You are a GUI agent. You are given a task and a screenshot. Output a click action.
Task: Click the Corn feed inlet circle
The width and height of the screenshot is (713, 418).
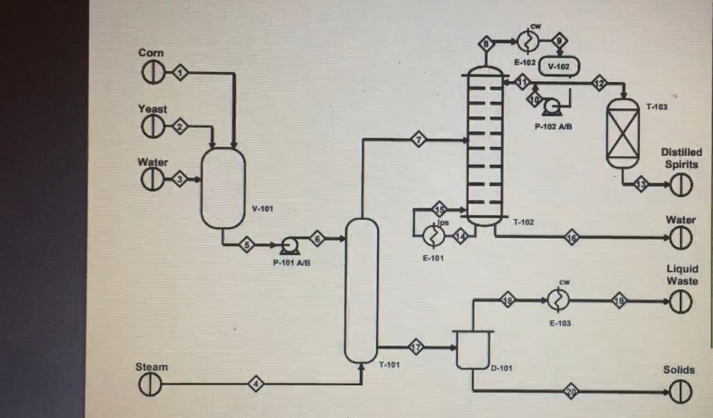pos(150,72)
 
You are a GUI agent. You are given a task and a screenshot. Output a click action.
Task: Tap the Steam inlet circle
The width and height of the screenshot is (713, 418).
pos(150,383)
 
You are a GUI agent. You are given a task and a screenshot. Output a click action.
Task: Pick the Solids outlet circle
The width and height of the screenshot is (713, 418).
pos(680,392)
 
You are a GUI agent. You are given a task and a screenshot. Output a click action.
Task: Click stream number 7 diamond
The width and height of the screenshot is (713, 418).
pos(418,139)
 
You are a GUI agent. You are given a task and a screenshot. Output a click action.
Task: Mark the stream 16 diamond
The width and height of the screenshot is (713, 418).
pos(572,237)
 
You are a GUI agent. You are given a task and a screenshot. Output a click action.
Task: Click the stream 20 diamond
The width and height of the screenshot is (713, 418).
pos(571,392)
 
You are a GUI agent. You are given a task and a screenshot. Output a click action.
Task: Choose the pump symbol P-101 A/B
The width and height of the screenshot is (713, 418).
pos(288,245)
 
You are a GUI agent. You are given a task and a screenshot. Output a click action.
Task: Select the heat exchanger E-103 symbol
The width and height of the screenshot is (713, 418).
pos(558,300)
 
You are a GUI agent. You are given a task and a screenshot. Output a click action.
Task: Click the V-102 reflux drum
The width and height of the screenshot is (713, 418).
pos(559,66)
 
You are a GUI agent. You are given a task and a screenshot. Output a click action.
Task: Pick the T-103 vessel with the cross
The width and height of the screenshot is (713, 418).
pos(622,133)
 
